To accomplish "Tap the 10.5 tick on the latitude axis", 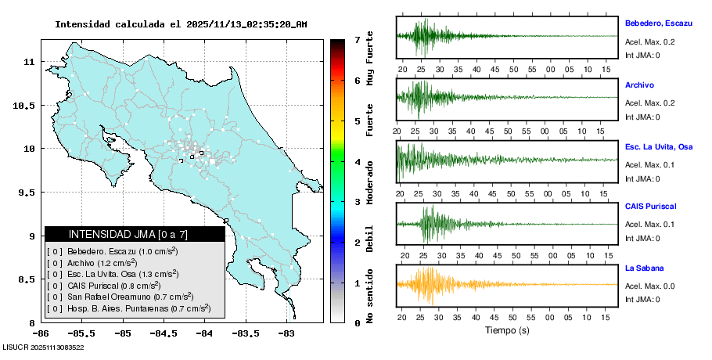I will click(x=27, y=105).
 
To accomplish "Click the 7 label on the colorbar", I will click(x=357, y=39).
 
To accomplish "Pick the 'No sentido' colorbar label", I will click(x=370, y=297).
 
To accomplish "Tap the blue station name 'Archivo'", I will click(x=639, y=85).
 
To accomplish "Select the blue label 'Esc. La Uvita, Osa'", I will click(x=659, y=147).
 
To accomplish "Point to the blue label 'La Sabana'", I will click(x=644, y=268).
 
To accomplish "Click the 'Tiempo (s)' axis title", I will click(x=507, y=330).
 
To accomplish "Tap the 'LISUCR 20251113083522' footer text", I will click(x=44, y=347).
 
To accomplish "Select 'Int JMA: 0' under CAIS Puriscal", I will click(x=642, y=239).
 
